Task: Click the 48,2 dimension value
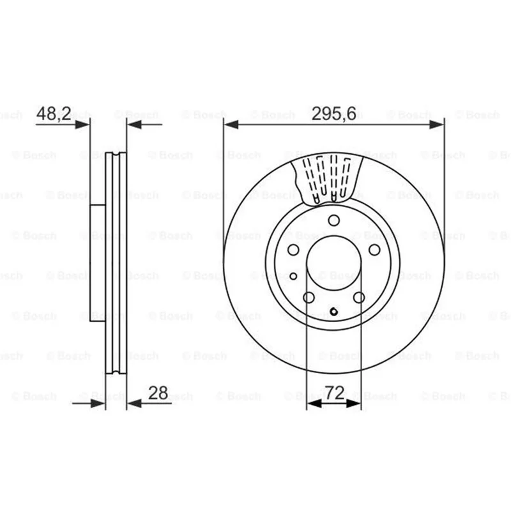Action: tap(54, 114)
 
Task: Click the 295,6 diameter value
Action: tap(333, 114)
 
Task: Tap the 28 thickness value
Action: tap(158, 393)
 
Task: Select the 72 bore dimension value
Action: tap(335, 393)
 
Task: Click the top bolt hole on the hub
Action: tap(333, 220)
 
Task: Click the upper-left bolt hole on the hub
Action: tap(293, 250)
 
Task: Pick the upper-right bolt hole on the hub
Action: tap(374, 250)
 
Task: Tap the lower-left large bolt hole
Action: tap(309, 297)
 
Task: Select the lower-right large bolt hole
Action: tap(359, 297)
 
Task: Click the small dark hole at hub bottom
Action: tap(333, 312)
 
